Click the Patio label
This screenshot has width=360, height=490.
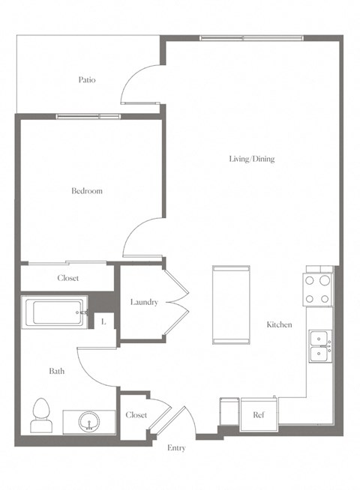coord(86,80)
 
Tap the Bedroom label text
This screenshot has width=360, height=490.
coord(86,191)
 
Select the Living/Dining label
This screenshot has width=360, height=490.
coord(252,159)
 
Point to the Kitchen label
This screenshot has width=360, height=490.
coord(279,324)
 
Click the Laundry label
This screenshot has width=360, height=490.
coord(143,302)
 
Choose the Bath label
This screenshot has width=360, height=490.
coord(57,371)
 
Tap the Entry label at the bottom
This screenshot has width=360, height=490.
coord(176,448)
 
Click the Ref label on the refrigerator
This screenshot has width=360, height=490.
coord(258,414)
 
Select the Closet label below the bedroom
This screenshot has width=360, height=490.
coord(68,278)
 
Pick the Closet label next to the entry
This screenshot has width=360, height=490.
coord(136,414)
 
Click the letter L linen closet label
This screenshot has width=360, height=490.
coord(103,321)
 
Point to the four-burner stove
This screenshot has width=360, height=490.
coord(317,288)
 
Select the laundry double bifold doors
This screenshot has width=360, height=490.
coord(175,302)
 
